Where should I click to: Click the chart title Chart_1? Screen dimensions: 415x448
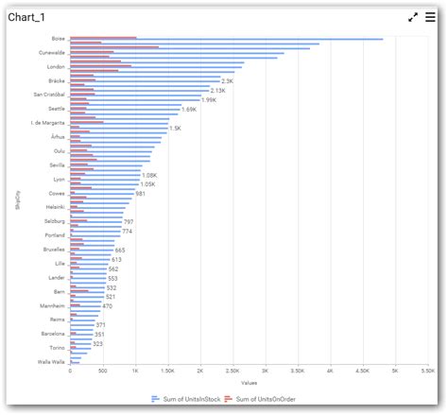(x=27, y=18)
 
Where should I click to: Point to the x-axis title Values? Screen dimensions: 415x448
(x=249, y=383)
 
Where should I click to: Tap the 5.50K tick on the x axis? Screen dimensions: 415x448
(x=427, y=372)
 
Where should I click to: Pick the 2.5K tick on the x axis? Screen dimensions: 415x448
(x=233, y=372)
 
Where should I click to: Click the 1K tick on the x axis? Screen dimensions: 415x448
(x=135, y=372)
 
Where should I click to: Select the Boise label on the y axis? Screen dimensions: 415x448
(x=59, y=39)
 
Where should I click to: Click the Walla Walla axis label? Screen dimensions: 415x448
(x=51, y=361)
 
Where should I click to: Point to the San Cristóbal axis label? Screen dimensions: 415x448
(x=49, y=95)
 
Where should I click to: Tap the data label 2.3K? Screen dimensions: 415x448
(x=227, y=81)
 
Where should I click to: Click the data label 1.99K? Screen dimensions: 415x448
(x=209, y=99)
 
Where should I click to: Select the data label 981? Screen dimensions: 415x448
(x=141, y=193)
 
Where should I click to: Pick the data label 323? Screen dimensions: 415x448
(x=97, y=344)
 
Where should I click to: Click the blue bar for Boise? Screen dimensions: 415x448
(x=227, y=40)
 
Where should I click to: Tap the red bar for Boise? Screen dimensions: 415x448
(x=103, y=37)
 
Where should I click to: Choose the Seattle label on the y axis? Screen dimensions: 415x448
(x=57, y=109)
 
